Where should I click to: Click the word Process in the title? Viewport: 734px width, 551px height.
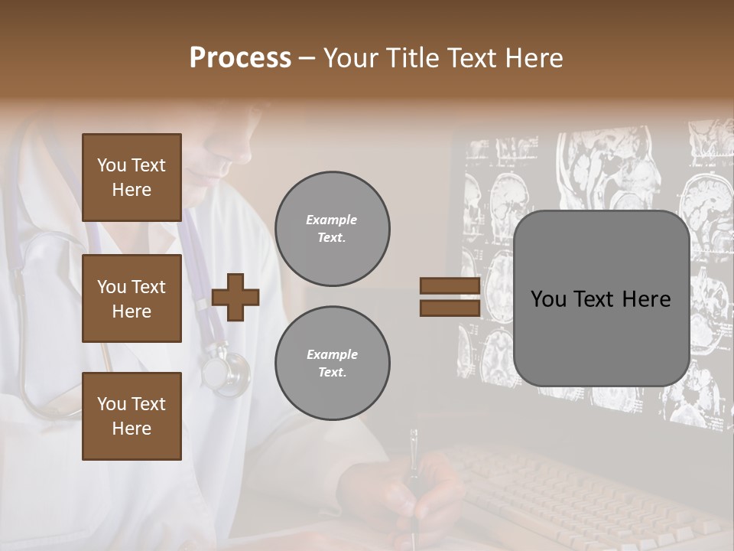tap(240, 58)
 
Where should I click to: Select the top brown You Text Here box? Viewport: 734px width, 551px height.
tap(132, 178)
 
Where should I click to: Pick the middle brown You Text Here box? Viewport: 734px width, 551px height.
tap(132, 298)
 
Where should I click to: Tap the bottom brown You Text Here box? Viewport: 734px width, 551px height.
tap(132, 416)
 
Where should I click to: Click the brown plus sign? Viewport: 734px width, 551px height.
tap(235, 296)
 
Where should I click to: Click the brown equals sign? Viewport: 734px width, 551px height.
tap(450, 297)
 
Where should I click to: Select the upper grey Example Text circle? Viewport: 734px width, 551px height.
tap(332, 229)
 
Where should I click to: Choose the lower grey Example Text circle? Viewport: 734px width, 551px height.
tap(332, 364)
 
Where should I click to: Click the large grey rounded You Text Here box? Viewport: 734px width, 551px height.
tap(601, 298)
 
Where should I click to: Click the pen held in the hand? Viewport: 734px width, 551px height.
tap(414, 474)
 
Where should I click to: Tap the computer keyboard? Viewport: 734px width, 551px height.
tap(566, 490)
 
